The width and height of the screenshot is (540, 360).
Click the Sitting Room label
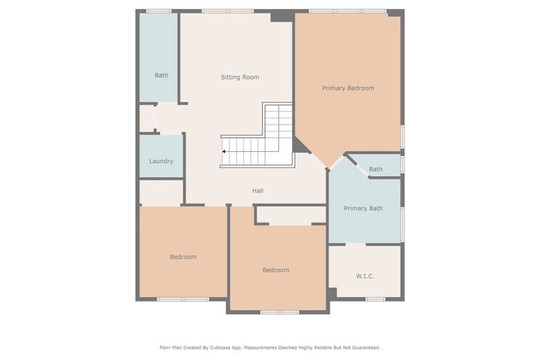click(240, 77)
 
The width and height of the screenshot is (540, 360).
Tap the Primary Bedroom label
click(348, 88)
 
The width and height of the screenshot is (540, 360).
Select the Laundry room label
click(161, 161)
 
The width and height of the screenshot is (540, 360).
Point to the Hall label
click(257, 191)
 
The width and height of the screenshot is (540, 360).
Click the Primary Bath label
click(363, 208)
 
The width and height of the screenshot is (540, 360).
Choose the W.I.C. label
click(365, 276)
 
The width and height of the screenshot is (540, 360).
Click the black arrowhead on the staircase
click(224, 151)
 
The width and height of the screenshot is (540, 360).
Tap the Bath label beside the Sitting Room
click(161, 75)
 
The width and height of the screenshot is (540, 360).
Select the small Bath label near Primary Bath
click(375, 169)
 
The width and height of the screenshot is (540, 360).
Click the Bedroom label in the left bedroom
click(183, 257)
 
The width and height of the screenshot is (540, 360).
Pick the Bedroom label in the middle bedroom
click(276, 270)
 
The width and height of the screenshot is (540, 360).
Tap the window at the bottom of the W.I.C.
click(375, 299)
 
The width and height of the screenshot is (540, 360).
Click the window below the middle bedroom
click(279, 312)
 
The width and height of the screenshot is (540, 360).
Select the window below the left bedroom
click(183, 299)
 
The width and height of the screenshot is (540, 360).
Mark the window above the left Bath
click(159, 11)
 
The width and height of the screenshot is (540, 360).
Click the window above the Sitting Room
click(228, 11)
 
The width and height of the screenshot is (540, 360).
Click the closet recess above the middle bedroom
click(291, 215)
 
